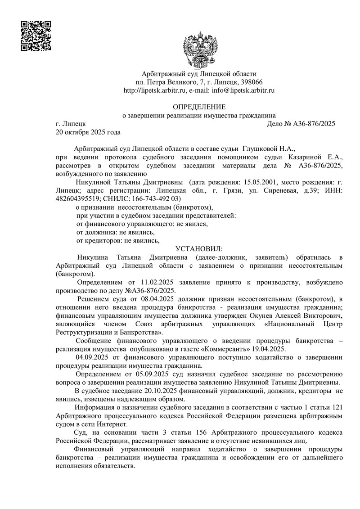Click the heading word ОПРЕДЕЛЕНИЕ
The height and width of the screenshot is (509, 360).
click(199, 107)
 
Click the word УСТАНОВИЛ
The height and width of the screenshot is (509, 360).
click(198, 248)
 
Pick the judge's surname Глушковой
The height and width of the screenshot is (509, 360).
click(260, 148)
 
